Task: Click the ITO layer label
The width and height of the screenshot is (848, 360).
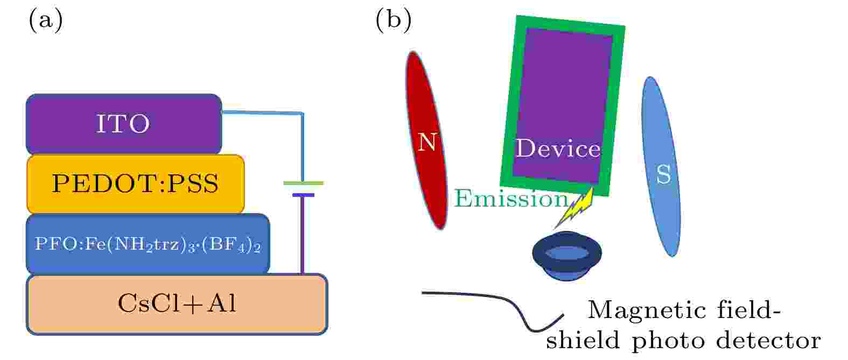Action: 123,123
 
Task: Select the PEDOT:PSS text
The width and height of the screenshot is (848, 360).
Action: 135,183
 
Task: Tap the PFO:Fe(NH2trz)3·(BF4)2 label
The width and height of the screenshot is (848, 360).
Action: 148,244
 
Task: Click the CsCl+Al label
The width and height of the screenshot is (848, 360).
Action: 177,303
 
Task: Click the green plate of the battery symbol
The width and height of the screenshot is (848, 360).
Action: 304,183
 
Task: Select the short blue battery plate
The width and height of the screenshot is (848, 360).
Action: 303,195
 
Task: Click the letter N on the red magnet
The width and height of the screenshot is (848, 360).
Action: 427,142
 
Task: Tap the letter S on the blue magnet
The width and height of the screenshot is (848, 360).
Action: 664,174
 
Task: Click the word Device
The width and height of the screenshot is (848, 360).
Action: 558,148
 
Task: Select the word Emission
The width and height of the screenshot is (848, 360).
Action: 511,199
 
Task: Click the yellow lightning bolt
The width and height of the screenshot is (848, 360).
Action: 574,209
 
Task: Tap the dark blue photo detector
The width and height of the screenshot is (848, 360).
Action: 567,256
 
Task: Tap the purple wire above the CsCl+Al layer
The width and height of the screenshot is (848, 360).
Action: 303,235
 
